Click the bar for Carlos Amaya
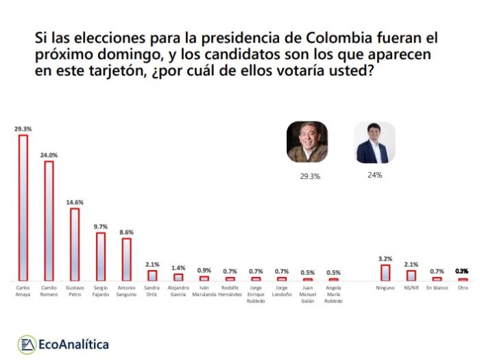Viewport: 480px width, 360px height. tap(23, 207)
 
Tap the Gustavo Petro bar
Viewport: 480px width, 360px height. tap(75, 244)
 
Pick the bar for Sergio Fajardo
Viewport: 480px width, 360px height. tap(100, 256)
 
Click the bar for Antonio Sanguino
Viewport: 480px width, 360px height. tap(126, 259)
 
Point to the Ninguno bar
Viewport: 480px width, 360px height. tap(385, 272)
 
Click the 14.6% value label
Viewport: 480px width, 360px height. tap(75, 202)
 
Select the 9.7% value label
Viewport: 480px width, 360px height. tap(100, 226)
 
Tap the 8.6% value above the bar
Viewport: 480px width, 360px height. tap(126, 232)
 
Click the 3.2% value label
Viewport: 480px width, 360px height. tap(385, 259)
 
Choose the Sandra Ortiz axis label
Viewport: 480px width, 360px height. tap(152, 291)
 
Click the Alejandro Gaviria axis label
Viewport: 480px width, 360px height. tap(178, 291)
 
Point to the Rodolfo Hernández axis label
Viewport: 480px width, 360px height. tap(230, 291)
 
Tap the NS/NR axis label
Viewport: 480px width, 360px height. tap(411, 288)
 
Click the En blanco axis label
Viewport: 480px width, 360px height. tap(437, 288)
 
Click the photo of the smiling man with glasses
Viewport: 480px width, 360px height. tap(307, 142)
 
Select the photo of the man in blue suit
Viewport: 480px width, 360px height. tap(374, 142)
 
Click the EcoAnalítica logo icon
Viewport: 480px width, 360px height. tap(27, 343)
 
